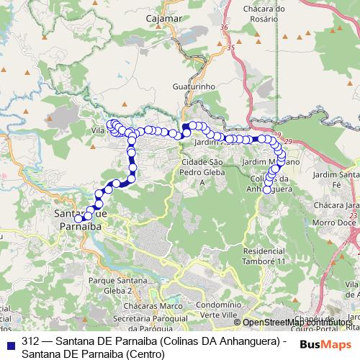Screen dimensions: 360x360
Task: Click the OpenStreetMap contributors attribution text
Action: point(302,323)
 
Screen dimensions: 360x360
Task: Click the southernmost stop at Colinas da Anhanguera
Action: point(267,190)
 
